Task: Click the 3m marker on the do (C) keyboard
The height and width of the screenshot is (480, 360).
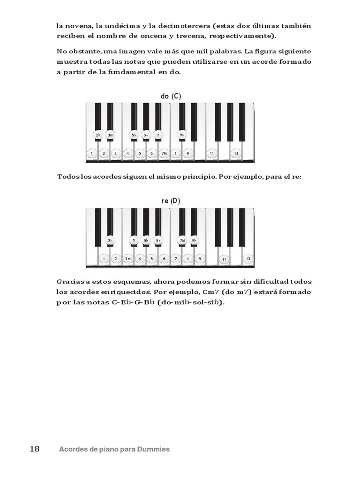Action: (x=111, y=135)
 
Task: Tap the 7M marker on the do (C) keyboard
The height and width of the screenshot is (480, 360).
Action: (x=164, y=153)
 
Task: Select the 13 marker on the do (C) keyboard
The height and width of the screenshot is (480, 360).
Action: (x=236, y=153)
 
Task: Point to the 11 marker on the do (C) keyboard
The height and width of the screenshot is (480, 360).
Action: (x=212, y=153)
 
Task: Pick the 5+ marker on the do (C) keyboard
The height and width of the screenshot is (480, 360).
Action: (x=146, y=135)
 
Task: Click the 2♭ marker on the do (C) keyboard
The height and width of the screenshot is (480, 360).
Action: (x=98, y=135)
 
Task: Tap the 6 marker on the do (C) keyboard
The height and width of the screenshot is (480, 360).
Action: (x=151, y=153)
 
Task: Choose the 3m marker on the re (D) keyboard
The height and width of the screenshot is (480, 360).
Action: (x=128, y=258)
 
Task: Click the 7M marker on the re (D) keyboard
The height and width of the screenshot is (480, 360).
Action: (x=182, y=240)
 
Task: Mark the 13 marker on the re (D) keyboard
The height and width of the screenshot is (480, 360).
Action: (x=248, y=258)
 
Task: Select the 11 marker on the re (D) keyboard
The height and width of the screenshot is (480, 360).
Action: (x=224, y=259)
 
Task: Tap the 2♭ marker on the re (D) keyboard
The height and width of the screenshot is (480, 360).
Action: (x=110, y=240)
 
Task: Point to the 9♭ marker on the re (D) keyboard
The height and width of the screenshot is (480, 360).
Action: (x=194, y=240)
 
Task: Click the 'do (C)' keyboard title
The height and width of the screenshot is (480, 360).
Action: (x=171, y=96)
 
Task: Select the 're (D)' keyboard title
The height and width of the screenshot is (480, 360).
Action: (x=170, y=201)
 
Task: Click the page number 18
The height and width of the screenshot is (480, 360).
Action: (x=35, y=449)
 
